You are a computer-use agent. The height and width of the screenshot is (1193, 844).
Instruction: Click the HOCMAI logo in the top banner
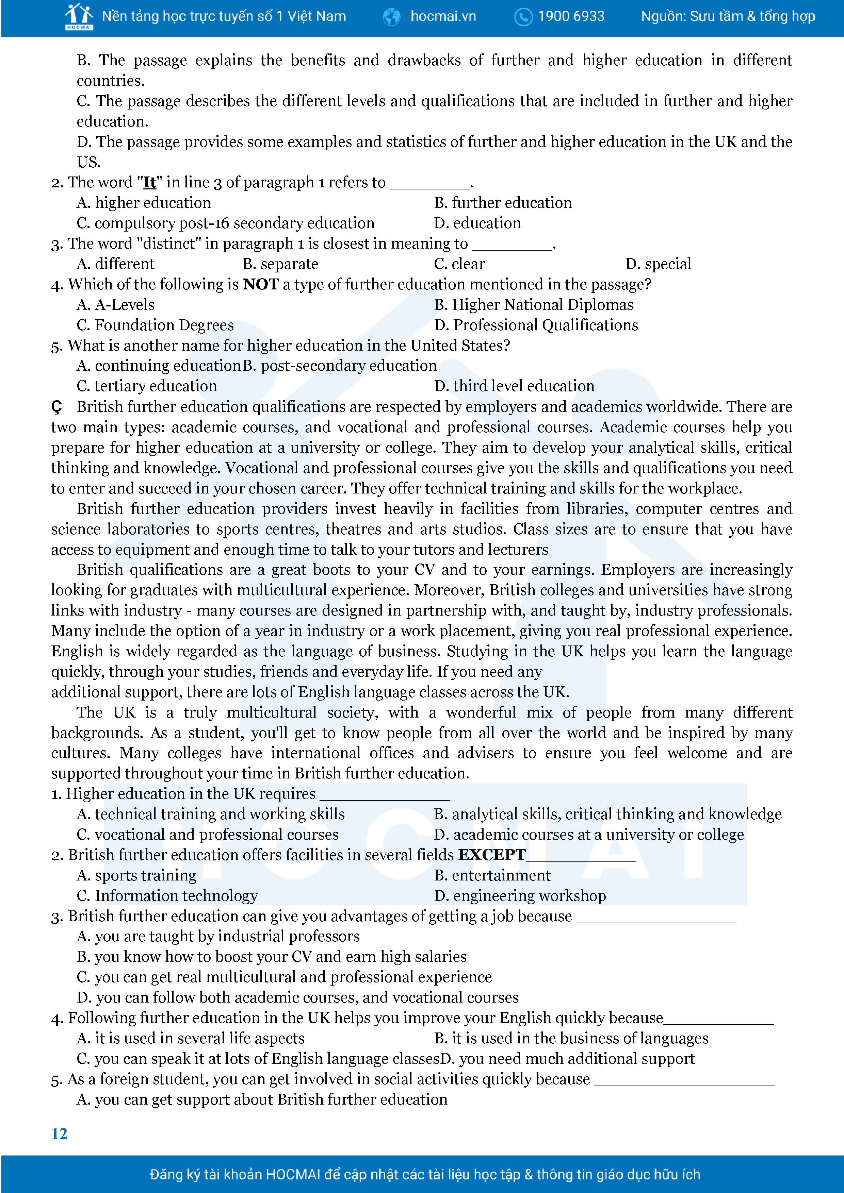click(79, 17)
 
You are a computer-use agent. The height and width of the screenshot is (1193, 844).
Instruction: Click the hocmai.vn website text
click(443, 17)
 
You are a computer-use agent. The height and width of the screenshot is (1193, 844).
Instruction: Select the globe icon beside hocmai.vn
click(392, 17)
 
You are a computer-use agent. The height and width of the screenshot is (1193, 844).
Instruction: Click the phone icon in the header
click(523, 17)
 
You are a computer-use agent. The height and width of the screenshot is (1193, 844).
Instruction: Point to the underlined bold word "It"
click(150, 182)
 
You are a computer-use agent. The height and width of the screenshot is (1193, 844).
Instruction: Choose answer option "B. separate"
click(280, 264)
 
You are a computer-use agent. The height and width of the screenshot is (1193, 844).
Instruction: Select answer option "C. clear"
click(459, 264)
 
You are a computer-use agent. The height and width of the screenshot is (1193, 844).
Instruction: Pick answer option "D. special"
click(658, 264)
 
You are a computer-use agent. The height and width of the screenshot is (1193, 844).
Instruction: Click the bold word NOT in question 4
click(261, 284)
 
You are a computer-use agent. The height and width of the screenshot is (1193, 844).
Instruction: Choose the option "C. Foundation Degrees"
click(155, 325)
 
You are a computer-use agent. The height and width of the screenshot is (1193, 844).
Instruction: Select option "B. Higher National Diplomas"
click(534, 305)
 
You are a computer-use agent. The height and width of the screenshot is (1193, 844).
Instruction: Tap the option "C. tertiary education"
click(147, 386)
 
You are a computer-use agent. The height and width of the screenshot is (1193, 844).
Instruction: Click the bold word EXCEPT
click(491, 855)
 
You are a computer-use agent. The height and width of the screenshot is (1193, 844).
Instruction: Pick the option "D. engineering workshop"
click(520, 896)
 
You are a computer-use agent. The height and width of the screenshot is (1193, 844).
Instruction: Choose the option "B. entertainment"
click(492, 875)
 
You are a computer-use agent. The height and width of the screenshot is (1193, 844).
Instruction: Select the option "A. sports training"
click(136, 875)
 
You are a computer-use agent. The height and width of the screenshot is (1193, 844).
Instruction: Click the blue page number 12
click(59, 1133)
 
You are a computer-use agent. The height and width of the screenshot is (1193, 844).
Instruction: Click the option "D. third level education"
click(514, 386)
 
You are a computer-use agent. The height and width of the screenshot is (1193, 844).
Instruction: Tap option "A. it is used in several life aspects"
click(190, 1038)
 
